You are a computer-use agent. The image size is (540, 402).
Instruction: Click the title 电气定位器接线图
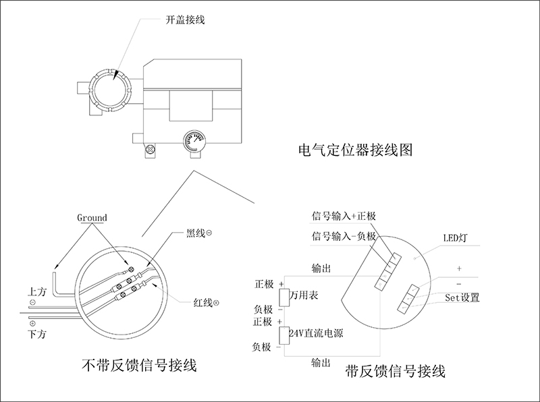354,150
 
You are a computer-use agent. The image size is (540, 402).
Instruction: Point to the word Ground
92,218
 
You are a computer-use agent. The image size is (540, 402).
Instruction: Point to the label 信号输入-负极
343,236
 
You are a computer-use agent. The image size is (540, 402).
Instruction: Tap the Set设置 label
462,298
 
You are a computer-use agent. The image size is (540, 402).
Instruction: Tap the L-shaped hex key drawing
57,283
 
